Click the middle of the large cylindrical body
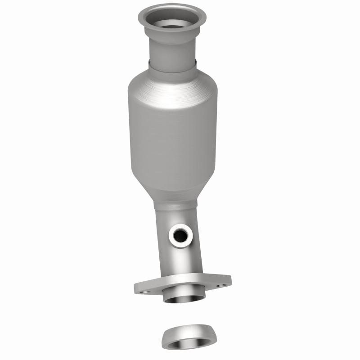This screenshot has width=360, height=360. [173, 135]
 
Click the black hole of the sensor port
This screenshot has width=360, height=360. [181, 234]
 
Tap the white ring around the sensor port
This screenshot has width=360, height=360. [172, 235]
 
